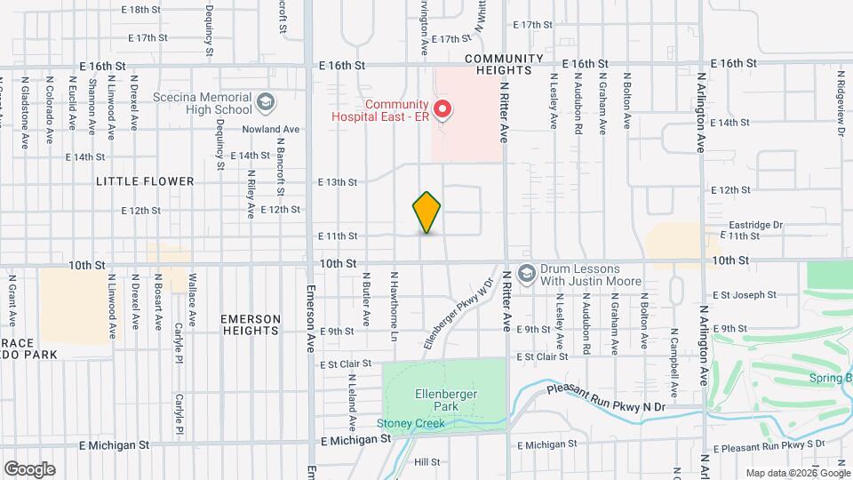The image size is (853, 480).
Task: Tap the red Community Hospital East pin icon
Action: (442, 110)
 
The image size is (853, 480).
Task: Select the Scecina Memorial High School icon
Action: (264, 103)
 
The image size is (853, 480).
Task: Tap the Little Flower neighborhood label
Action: (146, 181)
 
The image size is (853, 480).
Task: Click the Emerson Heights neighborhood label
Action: (251, 324)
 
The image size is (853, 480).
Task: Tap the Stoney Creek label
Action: (410, 423)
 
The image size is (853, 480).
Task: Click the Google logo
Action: (29, 469)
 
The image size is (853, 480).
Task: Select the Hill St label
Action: (427, 462)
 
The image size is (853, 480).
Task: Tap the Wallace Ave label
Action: (192, 290)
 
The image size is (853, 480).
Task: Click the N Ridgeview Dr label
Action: (839, 112)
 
